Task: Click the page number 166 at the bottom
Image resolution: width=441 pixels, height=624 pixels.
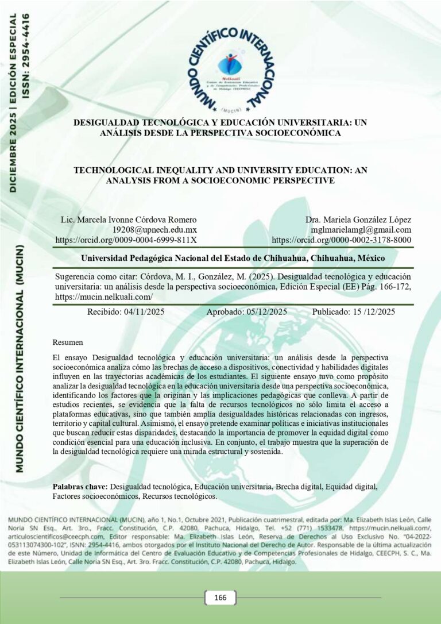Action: click(x=220, y=598)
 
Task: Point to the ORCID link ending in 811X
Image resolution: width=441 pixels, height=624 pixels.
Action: click(x=126, y=240)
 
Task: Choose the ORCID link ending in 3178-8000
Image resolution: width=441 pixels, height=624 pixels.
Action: click(x=341, y=240)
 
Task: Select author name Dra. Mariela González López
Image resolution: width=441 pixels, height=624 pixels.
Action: click(x=358, y=219)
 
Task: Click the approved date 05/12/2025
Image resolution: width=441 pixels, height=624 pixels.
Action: click(x=262, y=312)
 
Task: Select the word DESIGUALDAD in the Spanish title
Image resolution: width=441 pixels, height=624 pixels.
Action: click(x=109, y=122)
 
